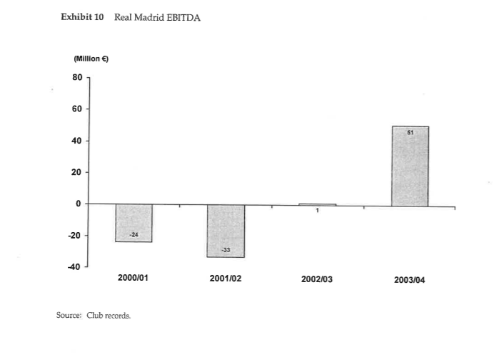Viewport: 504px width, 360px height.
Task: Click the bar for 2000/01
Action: point(133,223)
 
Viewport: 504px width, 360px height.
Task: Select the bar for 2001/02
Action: point(226,231)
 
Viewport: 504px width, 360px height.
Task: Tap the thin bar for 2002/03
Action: point(317,205)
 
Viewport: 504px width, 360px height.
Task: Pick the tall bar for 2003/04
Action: point(410,166)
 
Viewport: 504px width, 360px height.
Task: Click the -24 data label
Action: point(133,234)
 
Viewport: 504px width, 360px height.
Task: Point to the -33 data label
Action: point(226,249)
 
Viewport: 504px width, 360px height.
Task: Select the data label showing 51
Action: point(410,132)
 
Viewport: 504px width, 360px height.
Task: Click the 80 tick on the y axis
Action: point(77,77)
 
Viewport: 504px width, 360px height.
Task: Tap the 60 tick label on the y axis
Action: point(77,109)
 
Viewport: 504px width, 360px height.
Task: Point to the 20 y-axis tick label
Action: point(77,172)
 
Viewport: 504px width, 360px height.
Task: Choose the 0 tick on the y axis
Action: point(80,204)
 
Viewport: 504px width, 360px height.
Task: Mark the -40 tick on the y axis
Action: point(75,266)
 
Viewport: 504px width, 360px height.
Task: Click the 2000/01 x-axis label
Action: point(133,279)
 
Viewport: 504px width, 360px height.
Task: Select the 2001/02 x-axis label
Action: point(226,279)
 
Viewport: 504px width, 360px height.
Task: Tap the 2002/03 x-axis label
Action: point(317,279)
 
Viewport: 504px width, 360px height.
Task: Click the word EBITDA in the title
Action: point(183,18)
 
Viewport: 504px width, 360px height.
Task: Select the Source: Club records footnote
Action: point(94,315)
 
